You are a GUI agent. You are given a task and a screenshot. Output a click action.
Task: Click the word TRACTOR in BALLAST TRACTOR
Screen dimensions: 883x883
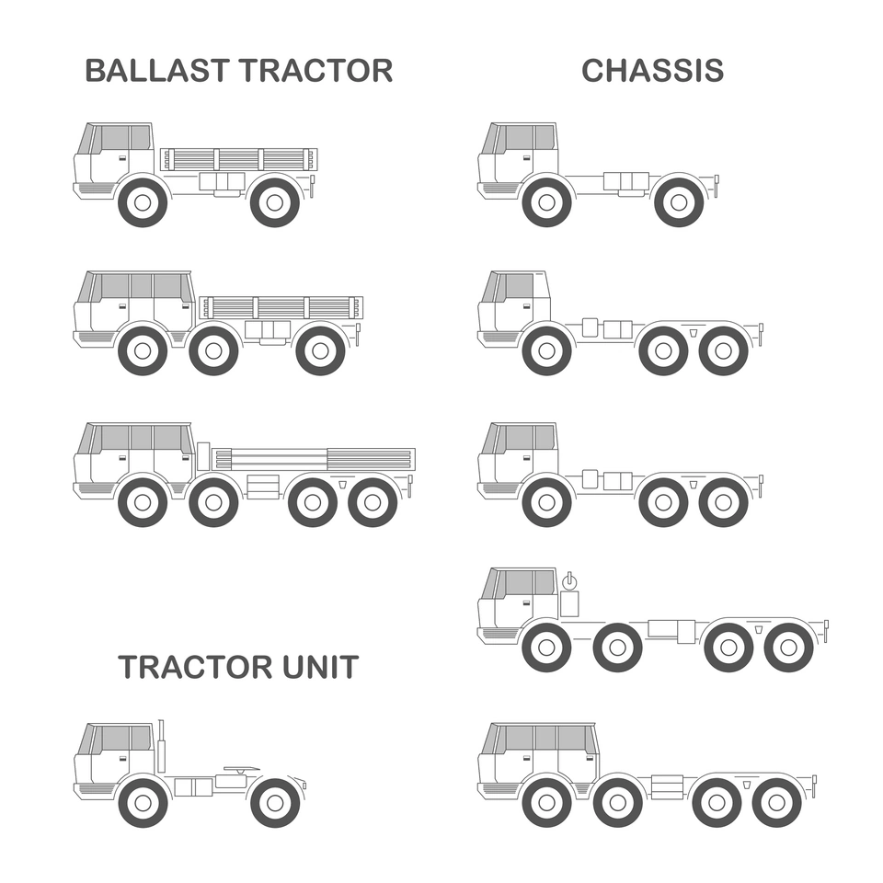click(315, 71)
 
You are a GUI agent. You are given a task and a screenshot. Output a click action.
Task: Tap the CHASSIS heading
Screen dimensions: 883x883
click(653, 71)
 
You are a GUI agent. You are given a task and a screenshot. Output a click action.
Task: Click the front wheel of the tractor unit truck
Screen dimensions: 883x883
click(143, 803)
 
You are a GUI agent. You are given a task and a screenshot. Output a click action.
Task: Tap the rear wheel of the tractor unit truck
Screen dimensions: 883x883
click(275, 803)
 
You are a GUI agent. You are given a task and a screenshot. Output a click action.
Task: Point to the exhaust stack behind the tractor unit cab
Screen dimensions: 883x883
click(161, 746)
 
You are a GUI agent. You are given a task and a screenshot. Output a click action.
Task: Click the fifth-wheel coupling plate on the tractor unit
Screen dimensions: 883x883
click(242, 769)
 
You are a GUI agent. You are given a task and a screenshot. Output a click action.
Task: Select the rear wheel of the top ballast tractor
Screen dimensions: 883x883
click(275, 202)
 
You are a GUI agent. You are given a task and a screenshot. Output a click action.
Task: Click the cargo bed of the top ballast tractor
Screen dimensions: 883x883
click(239, 159)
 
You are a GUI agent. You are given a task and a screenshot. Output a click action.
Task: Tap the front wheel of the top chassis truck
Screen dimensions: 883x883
click(546, 202)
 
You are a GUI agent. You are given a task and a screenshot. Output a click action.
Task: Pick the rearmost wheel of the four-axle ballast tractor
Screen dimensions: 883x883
click(373, 502)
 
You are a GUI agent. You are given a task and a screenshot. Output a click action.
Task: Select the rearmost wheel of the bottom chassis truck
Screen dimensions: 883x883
click(776, 803)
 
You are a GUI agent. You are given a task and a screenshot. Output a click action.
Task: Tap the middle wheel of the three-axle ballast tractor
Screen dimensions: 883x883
click(213, 350)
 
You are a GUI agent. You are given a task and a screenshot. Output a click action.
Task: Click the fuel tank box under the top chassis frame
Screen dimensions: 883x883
click(626, 181)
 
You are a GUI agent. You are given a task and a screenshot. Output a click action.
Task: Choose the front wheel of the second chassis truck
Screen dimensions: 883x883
click(546, 350)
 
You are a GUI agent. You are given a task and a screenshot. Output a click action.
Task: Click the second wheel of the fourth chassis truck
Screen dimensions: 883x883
click(618, 648)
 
